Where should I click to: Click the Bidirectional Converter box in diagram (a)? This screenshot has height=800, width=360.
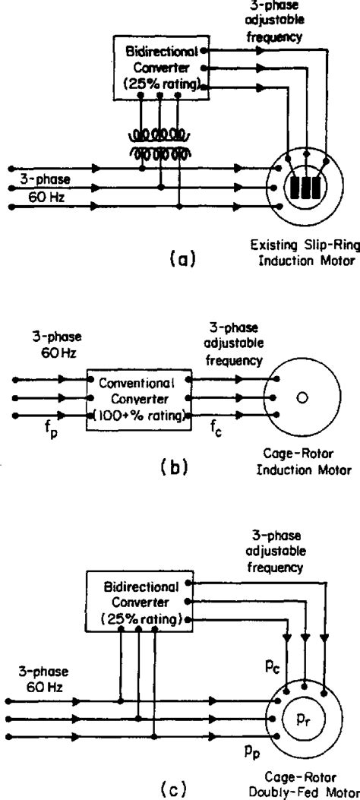coord(160,67)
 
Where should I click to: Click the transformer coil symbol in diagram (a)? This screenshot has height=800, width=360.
coord(161,144)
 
